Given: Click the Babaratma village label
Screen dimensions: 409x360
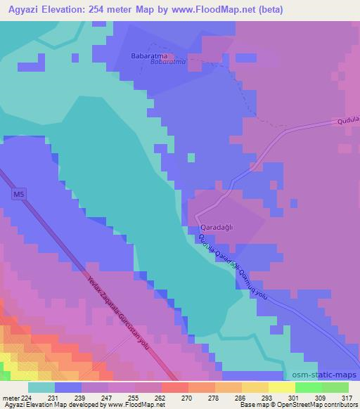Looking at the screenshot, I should click(x=148, y=54).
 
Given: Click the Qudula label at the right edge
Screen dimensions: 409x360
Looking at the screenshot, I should click(x=348, y=121).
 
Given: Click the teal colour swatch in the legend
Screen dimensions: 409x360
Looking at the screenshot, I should click(x=41, y=387).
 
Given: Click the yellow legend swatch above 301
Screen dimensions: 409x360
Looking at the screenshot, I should click(x=281, y=387).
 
